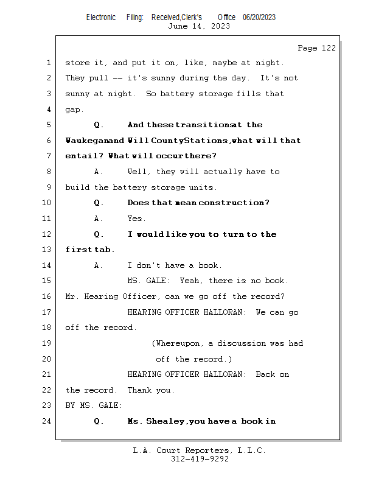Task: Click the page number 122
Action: (x=328, y=48)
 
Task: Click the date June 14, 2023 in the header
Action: (x=199, y=26)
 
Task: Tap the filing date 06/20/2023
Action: (x=259, y=18)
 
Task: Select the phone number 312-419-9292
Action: (x=200, y=459)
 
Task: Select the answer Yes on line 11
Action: (x=136, y=219)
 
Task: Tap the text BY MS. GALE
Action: (x=94, y=405)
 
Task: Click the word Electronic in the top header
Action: (x=101, y=18)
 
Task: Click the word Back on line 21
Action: (x=265, y=374)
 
